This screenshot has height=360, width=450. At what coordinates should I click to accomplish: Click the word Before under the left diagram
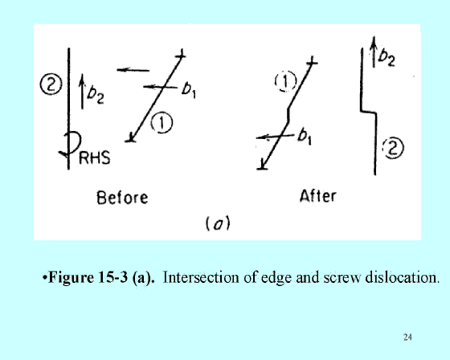122,198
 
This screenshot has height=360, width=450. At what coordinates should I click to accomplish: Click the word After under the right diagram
317,196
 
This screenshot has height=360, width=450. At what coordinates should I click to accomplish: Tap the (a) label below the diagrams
218,223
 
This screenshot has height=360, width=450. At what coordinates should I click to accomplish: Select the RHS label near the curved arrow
95,157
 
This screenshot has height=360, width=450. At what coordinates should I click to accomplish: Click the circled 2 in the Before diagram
51,84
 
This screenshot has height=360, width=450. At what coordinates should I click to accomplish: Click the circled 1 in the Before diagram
162,123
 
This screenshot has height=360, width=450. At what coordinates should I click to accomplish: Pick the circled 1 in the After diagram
285,81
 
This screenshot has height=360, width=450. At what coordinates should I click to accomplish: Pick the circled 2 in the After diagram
393,148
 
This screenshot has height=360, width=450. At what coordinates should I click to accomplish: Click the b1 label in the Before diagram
189,89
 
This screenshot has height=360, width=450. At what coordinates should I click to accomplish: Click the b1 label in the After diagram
305,136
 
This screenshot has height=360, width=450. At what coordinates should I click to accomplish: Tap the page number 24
407,337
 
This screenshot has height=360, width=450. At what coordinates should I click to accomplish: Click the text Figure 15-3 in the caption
88,277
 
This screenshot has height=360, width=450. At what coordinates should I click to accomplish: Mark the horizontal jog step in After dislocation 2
368,112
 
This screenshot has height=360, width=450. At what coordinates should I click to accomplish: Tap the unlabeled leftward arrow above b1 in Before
133,70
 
